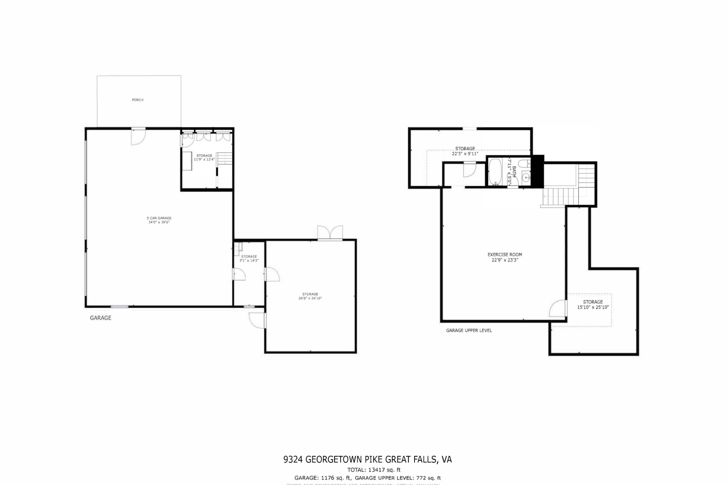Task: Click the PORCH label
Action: [x=138, y=100]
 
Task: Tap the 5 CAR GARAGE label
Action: [x=159, y=218]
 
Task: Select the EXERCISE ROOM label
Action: [x=504, y=255]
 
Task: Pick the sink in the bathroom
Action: [x=525, y=177]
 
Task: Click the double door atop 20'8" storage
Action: [x=330, y=233]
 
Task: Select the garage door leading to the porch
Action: [x=138, y=136]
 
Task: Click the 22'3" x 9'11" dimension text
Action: [x=465, y=154]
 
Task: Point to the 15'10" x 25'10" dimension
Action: [x=593, y=307]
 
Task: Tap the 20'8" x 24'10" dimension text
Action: [x=310, y=298]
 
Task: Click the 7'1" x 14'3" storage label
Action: [x=249, y=259]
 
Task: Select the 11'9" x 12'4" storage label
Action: [x=204, y=158]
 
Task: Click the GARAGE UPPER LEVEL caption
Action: [x=469, y=330]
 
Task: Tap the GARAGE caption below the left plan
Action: [x=100, y=318]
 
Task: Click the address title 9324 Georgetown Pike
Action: [x=367, y=460]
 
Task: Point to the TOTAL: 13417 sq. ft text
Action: [x=374, y=470]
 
